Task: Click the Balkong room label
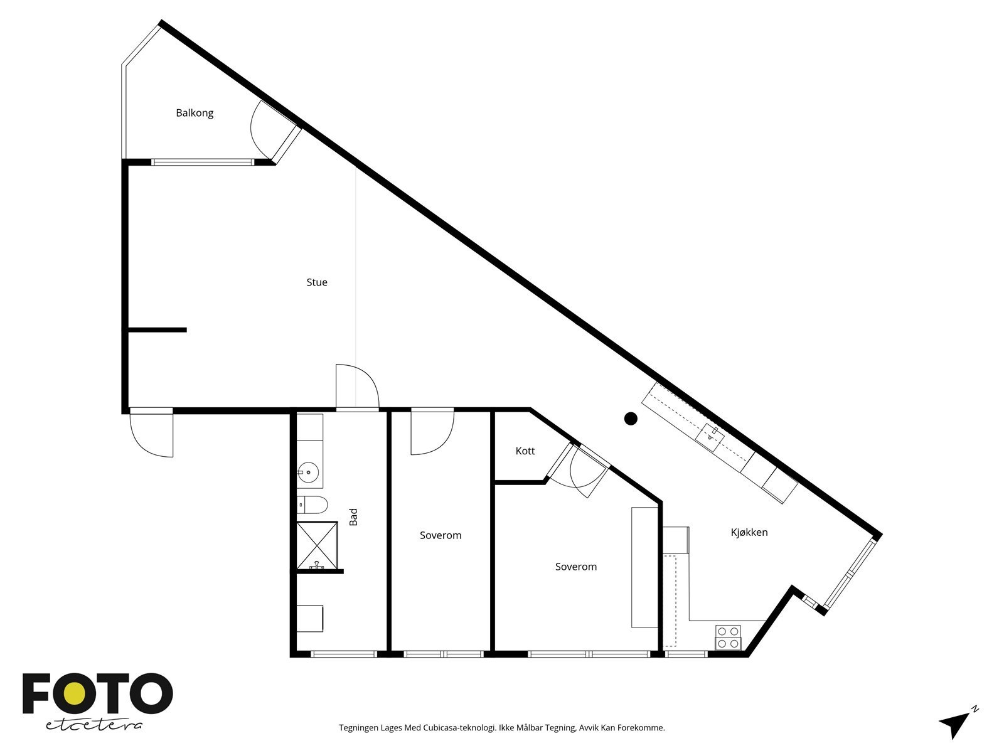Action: (195, 113)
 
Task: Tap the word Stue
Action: (317, 282)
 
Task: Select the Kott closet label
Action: (525, 451)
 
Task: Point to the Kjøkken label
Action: (749, 532)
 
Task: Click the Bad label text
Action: (353, 516)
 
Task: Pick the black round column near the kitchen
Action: (631, 419)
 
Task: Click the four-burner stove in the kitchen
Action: (729, 637)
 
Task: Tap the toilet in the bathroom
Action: (312, 505)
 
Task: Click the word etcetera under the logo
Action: (94, 725)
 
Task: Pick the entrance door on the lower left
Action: (151, 433)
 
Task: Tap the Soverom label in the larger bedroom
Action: (575, 567)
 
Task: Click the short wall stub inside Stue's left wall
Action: (157, 329)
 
